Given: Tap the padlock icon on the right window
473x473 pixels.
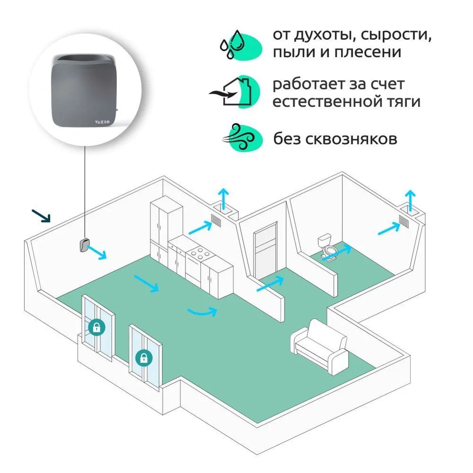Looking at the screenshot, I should [143, 358].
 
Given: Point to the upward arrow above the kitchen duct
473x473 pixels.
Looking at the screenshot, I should [223, 196].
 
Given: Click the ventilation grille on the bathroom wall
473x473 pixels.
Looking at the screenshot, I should [403, 221].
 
